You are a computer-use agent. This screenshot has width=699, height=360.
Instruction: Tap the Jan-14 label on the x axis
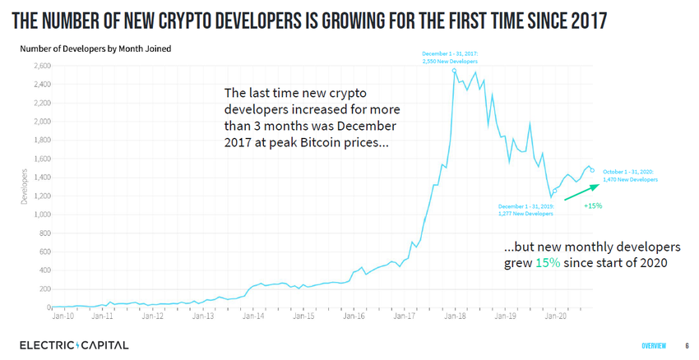[254, 315]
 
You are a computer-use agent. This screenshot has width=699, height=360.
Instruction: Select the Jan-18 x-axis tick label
[456, 315]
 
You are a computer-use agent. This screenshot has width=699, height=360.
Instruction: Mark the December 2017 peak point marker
[455, 71]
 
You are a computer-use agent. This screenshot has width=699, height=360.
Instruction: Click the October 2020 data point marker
[592, 170]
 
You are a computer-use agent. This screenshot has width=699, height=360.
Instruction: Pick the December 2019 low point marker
[555, 191]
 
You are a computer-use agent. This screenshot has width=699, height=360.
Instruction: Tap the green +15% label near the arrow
[593, 205]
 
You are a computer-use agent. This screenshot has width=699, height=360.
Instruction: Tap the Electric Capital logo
[74, 345]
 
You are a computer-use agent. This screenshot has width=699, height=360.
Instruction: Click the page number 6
[687, 345]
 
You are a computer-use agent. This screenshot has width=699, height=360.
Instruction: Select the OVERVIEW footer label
[655, 345]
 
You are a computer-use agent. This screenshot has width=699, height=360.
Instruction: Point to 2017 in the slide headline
[581, 20]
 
